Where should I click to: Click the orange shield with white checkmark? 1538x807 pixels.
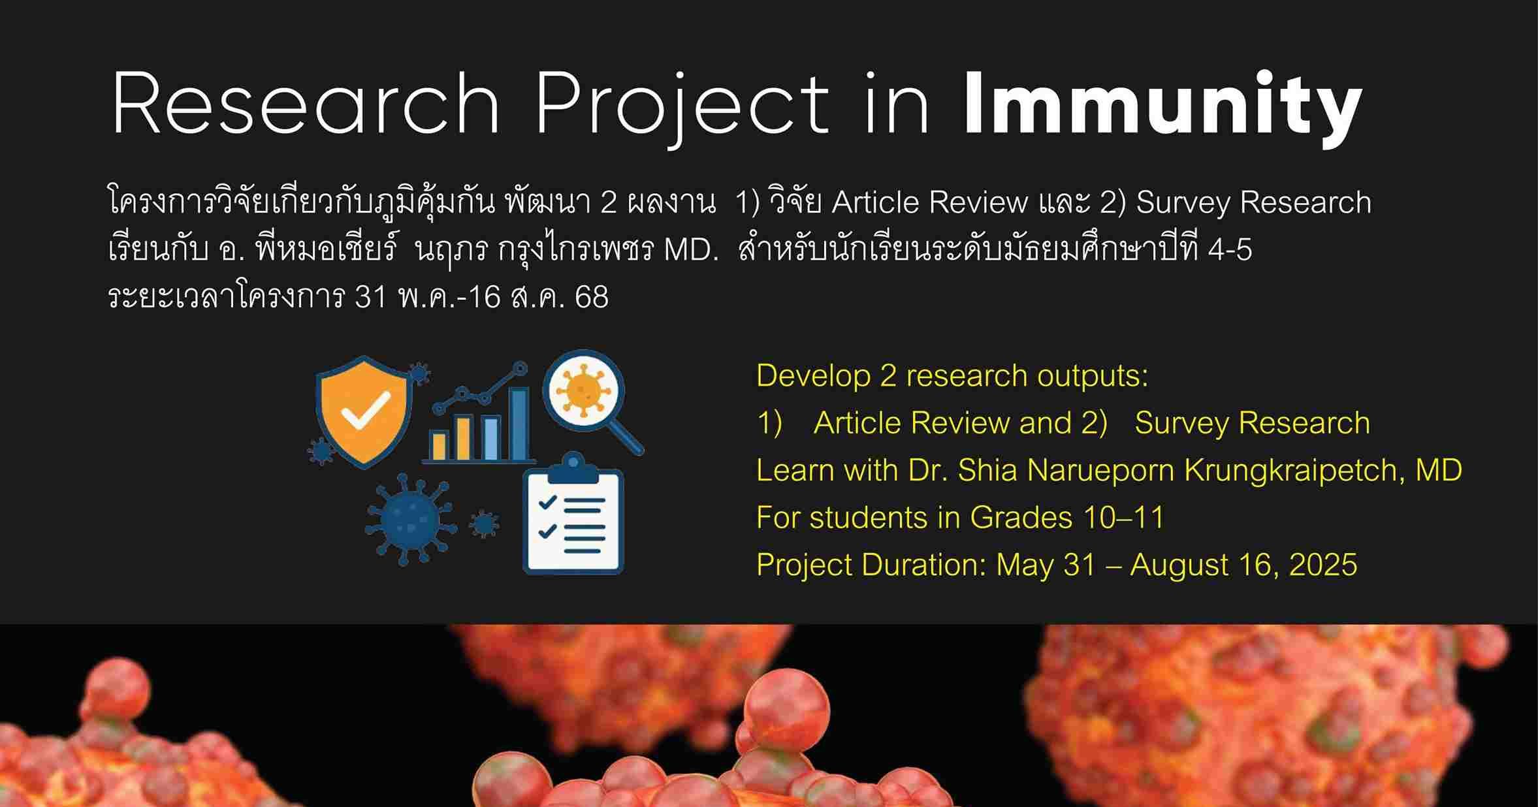364,411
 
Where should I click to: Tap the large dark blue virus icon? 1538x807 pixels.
409,519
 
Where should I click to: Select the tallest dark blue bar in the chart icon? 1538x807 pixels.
519,424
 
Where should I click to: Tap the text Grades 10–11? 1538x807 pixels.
1067,518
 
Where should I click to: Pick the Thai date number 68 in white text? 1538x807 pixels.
592,298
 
